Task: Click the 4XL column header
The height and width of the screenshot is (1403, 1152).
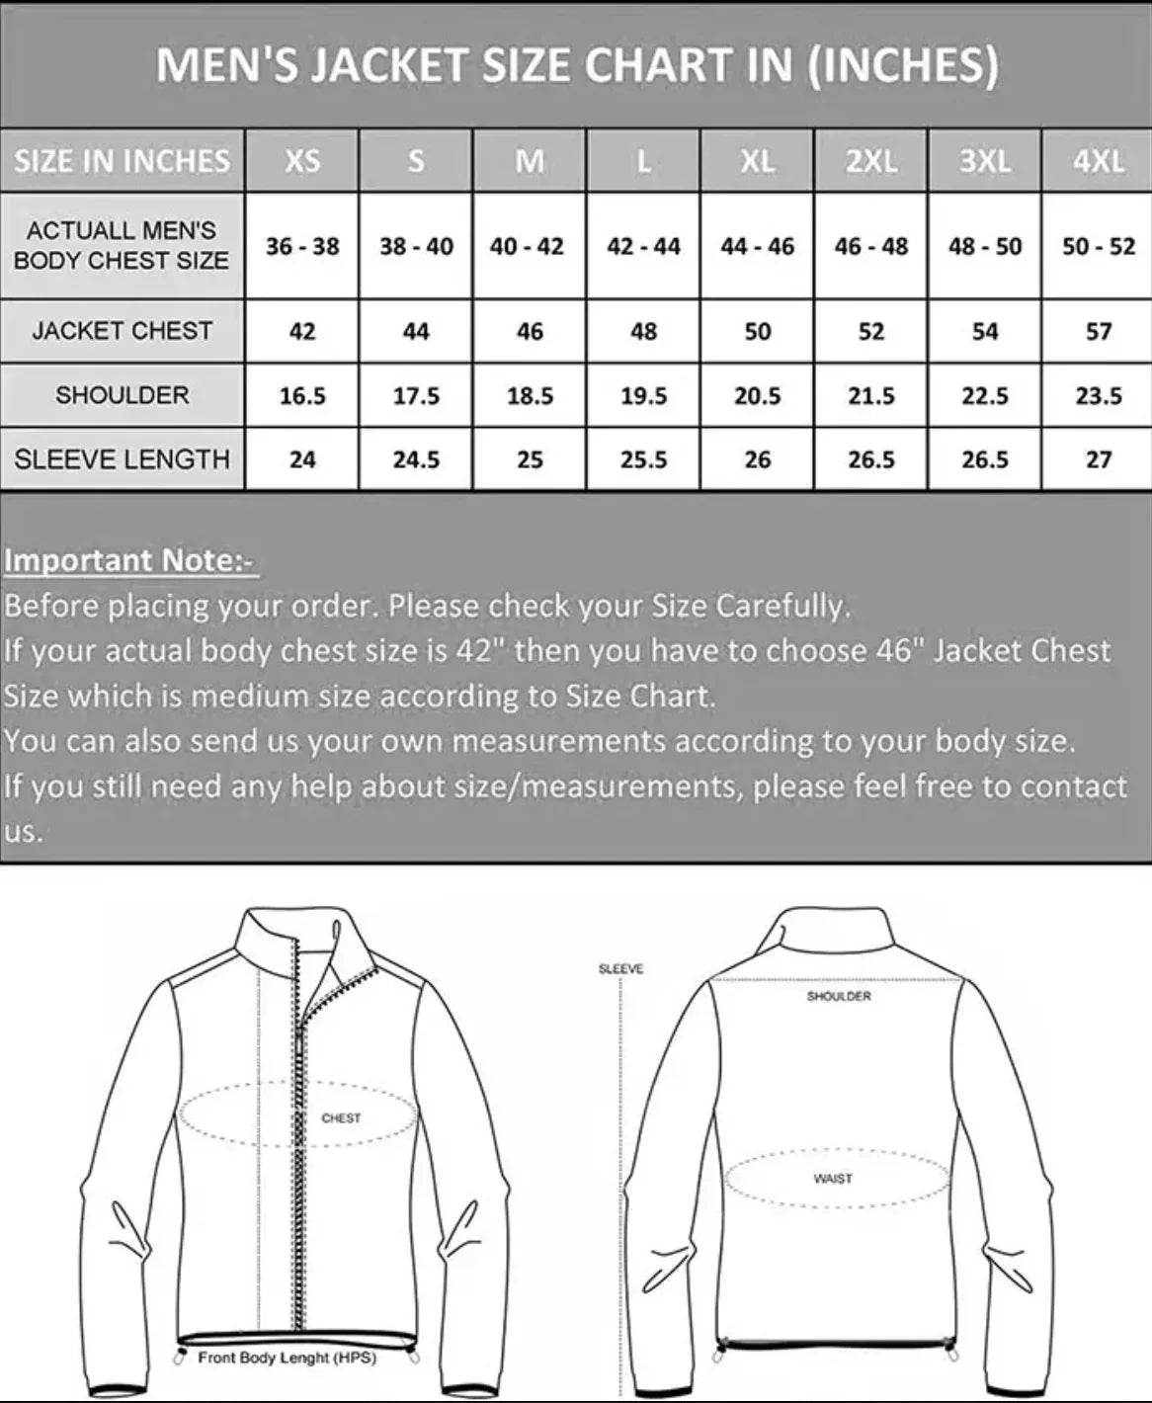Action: coord(1098,161)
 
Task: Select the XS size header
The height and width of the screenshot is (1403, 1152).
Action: coord(302,161)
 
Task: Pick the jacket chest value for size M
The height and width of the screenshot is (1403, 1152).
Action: coord(530,332)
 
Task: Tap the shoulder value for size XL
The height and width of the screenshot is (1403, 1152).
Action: coord(757,396)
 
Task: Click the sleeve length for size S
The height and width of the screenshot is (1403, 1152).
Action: coord(416,460)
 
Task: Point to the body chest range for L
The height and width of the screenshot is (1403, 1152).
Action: coord(643,246)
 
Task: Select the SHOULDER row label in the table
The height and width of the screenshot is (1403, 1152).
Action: coord(123,395)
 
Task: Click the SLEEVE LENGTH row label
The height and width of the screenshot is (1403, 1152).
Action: coord(123,459)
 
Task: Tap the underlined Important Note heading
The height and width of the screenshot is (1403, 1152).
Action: coord(129,560)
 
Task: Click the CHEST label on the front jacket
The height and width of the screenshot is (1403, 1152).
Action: coord(341,1118)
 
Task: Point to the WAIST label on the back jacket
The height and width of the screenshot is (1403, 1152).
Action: coord(833,1179)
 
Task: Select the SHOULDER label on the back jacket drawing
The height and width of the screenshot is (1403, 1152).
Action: coord(839,997)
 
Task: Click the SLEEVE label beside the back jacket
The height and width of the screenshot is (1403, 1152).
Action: coord(620,969)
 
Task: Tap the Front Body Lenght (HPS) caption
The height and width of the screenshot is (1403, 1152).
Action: coord(288,1359)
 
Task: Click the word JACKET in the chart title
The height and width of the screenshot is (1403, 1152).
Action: coord(390,66)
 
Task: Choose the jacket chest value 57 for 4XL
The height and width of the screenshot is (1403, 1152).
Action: coord(1098,332)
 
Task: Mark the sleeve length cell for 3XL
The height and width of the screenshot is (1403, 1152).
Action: coord(984,460)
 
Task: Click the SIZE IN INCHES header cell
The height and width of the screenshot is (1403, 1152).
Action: coord(123,161)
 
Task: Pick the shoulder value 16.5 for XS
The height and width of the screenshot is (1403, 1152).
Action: coord(302,396)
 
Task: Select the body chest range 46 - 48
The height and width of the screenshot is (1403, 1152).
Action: coord(870,246)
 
